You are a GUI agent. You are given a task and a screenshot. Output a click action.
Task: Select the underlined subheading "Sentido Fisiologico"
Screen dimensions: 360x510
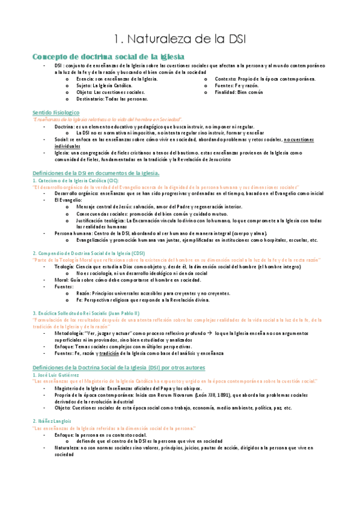[56, 112]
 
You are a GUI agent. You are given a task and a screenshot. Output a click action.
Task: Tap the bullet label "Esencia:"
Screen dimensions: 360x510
[85, 79]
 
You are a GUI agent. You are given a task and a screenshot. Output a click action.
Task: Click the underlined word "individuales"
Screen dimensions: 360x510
[68, 146]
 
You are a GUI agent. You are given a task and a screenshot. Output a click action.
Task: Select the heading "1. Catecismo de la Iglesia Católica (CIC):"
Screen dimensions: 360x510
[76, 180]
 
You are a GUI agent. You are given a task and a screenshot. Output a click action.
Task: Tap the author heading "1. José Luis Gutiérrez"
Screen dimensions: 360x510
[59, 375]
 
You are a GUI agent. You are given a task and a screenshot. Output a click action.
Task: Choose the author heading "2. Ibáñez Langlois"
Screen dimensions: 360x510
[54, 421]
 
